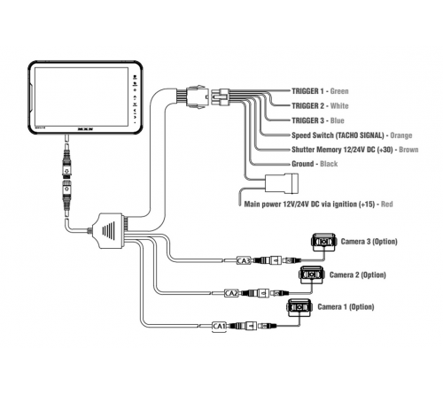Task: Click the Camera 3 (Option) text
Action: pyautogui.click(x=372, y=242)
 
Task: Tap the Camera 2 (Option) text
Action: pyautogui.click(x=360, y=275)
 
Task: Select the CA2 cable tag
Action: pyautogui.click(x=231, y=292)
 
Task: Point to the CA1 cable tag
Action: pyautogui.click(x=220, y=326)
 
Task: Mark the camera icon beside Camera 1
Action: pyautogui.click(x=299, y=308)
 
